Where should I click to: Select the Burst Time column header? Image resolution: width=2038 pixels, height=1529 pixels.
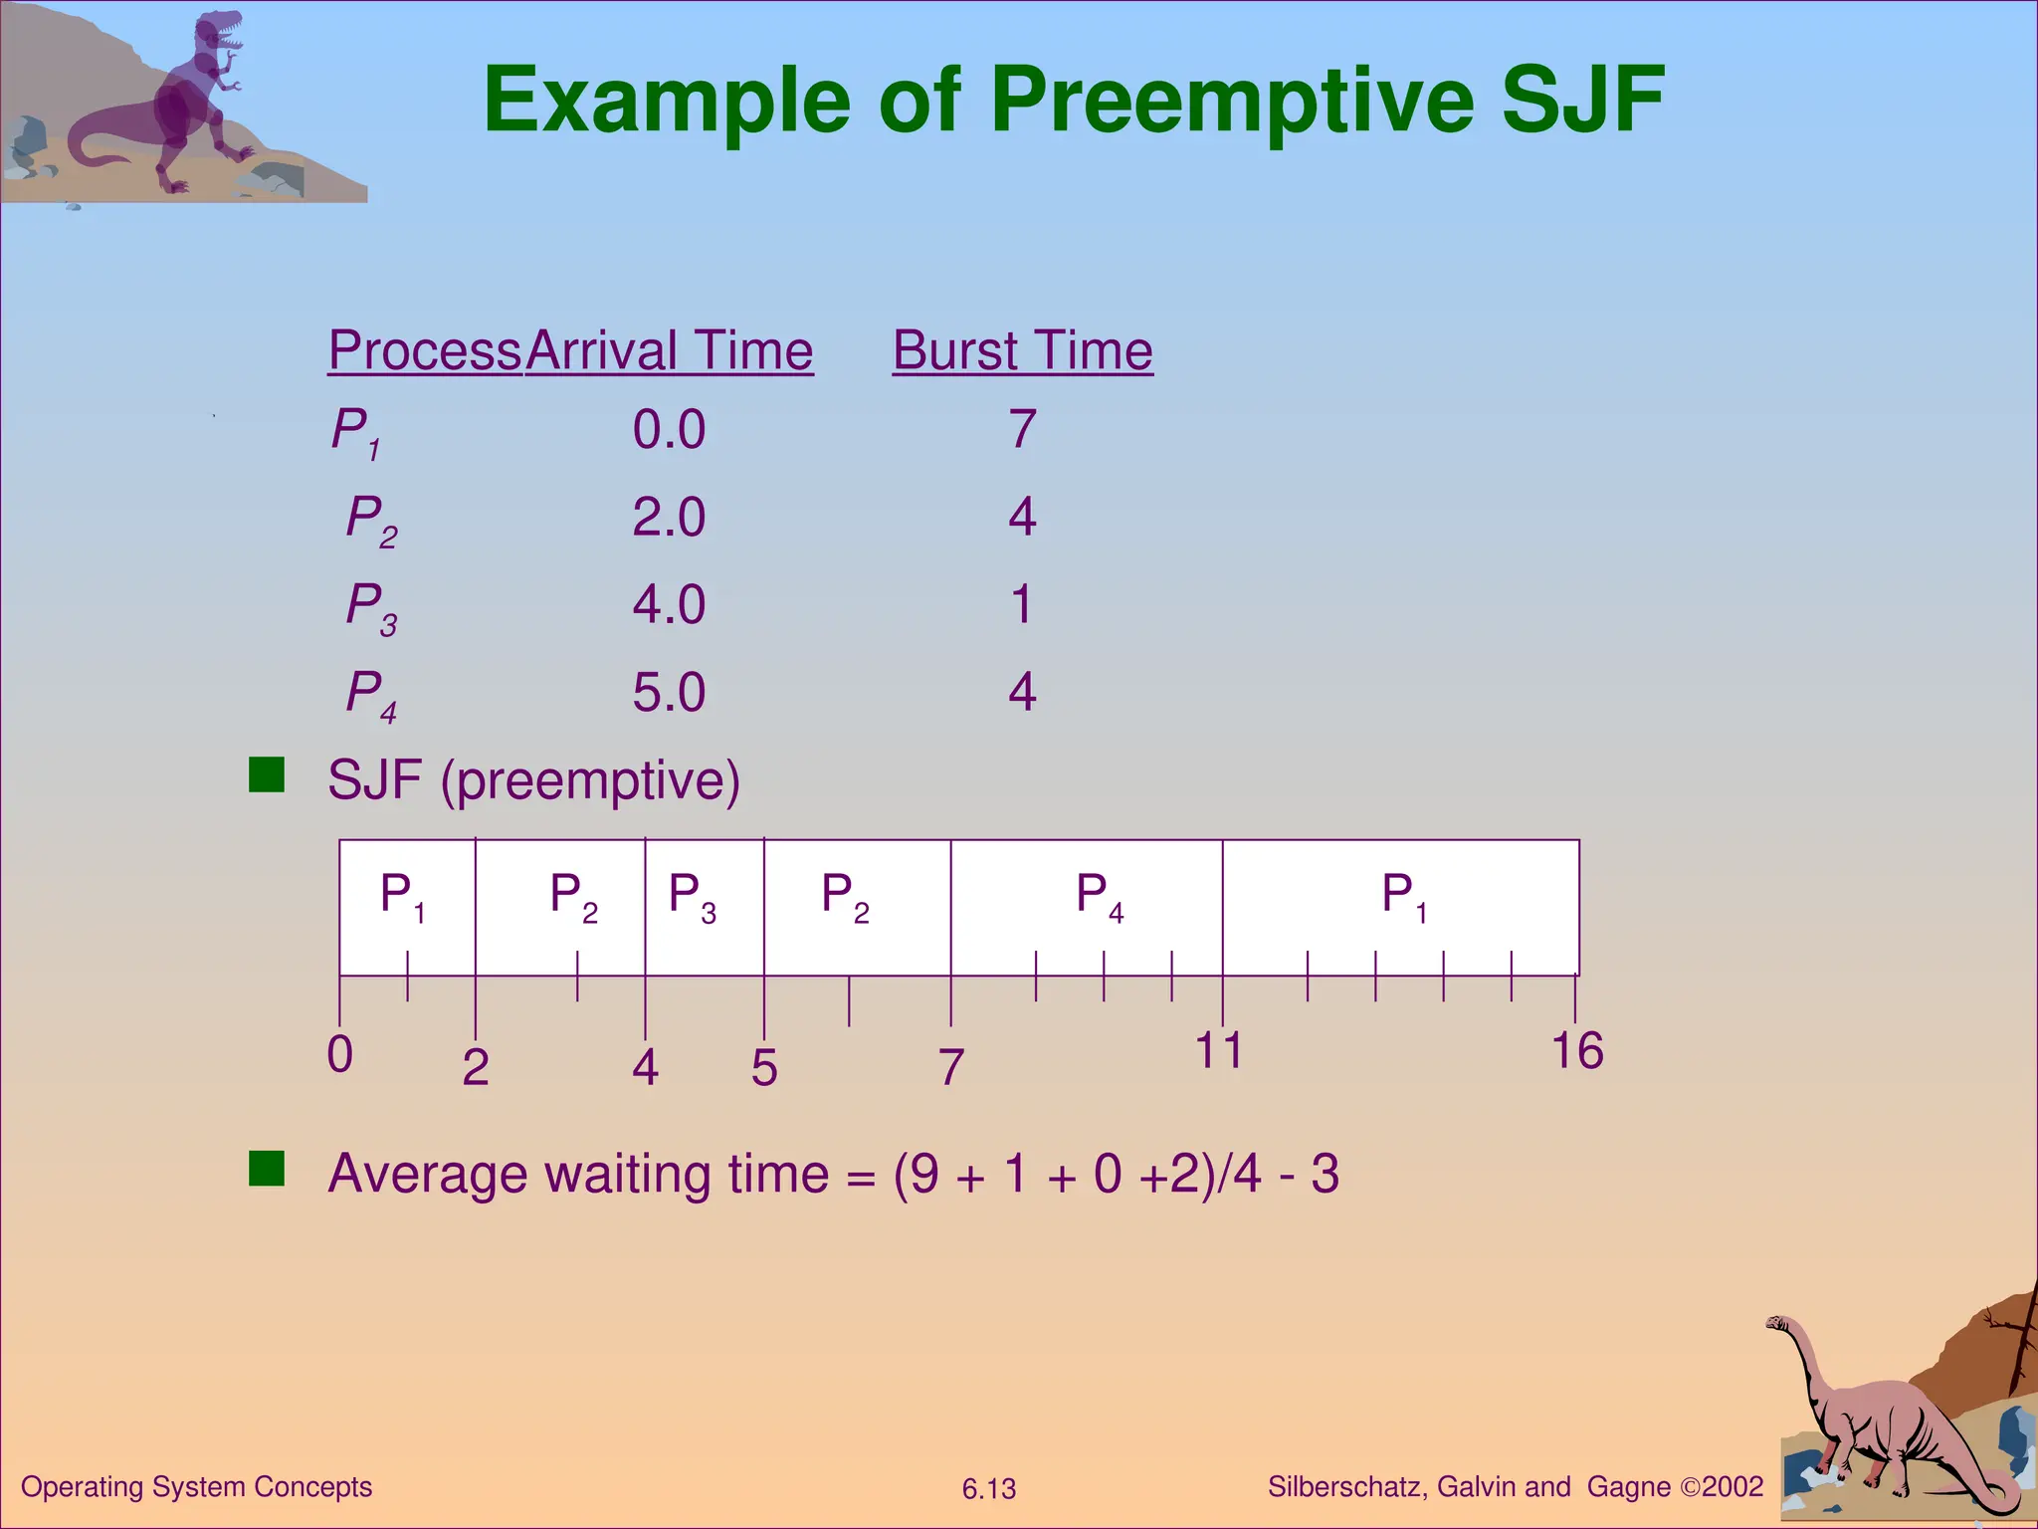pyautogui.click(x=1022, y=351)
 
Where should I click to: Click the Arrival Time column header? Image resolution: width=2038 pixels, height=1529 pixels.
pyautogui.click(x=670, y=351)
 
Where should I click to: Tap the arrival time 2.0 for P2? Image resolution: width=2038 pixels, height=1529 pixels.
pyautogui.click(x=669, y=518)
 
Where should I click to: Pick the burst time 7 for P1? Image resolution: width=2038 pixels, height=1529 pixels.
pyautogui.click(x=1023, y=430)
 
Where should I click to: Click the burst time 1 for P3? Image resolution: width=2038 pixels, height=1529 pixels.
pyautogui.click(x=1022, y=605)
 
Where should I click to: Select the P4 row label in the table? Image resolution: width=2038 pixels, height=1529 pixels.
pyautogui.click(x=370, y=694)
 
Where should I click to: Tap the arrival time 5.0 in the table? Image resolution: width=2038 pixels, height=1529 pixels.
pyautogui.click(x=669, y=693)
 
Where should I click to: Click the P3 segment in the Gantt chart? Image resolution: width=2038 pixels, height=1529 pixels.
pyautogui.click(x=704, y=906)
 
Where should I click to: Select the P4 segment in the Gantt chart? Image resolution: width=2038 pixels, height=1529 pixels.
pyautogui.click(x=1087, y=906)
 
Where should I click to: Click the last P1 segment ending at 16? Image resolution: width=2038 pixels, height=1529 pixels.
pyautogui.click(x=1401, y=906)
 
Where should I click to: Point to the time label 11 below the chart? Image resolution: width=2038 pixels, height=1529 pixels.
pyautogui.click(x=1219, y=1051)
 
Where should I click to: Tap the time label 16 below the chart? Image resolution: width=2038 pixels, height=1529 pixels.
pyautogui.click(x=1577, y=1052)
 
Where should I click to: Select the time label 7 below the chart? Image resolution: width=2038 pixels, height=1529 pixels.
pyautogui.click(x=951, y=1068)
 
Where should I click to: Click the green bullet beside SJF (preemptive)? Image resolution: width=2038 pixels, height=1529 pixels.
pyautogui.click(x=267, y=774)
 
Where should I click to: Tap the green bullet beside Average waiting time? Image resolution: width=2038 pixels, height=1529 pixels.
pyautogui.click(x=267, y=1169)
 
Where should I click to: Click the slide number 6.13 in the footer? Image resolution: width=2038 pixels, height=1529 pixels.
pyautogui.click(x=988, y=1489)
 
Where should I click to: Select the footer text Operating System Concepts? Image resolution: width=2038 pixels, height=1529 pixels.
pyautogui.click(x=196, y=1487)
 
